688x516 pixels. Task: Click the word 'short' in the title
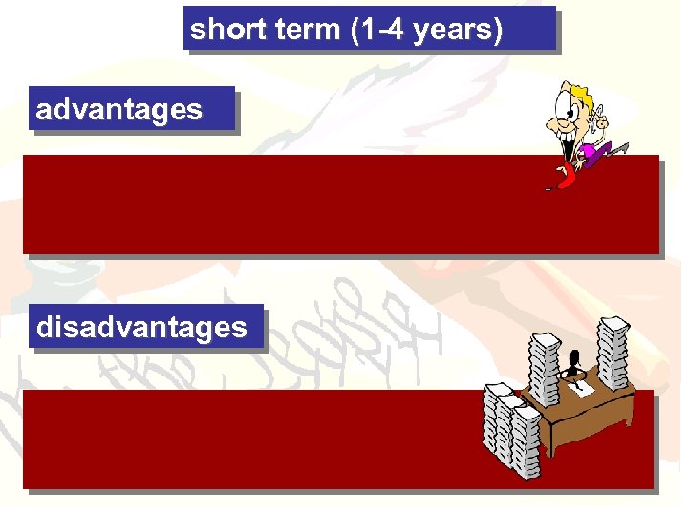point(217,30)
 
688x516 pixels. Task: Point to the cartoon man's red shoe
point(567,176)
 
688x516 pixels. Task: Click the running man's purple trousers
point(598,151)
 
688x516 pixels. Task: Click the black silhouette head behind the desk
point(573,361)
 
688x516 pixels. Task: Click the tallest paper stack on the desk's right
point(613,355)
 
